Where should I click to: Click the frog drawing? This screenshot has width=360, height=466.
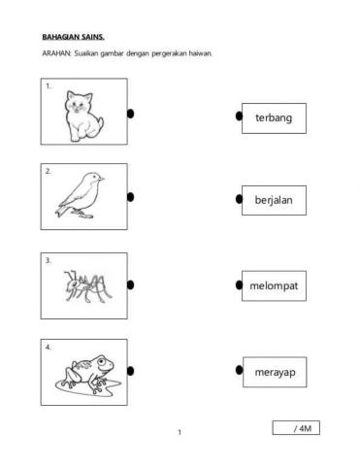85,371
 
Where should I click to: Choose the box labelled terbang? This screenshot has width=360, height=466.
274,117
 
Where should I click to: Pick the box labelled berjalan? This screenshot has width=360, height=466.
274,201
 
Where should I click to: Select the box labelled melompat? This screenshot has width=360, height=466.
274,286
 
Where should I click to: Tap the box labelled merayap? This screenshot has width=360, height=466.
274,371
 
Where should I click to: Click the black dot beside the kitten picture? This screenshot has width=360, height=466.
130,115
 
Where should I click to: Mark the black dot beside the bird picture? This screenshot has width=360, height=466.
130,197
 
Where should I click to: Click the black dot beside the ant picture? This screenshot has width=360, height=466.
130,285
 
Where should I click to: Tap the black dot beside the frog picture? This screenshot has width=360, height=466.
130,370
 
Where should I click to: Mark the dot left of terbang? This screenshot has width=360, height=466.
239,116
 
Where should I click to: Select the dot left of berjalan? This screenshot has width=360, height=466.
239,199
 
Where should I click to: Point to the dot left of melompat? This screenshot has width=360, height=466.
239,285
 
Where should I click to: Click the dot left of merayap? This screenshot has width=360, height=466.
239,370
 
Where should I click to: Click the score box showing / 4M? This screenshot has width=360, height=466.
296,428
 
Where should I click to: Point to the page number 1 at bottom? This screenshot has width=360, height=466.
180,432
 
